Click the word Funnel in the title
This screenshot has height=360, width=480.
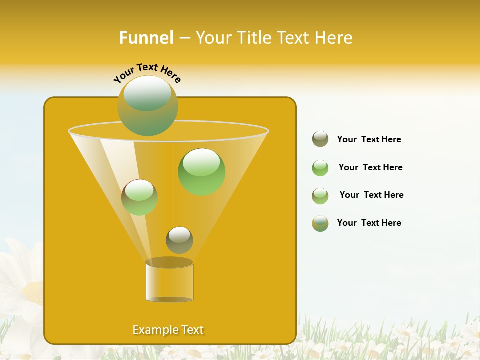click(x=146, y=38)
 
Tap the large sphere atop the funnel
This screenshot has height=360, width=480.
click(x=148, y=105)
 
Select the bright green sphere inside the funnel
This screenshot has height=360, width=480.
click(x=201, y=172)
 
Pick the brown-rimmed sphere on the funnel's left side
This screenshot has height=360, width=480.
click(x=139, y=197)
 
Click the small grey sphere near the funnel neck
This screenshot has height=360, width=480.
click(x=179, y=240)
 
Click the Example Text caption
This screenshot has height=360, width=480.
click(x=168, y=330)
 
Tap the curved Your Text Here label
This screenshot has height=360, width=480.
click(x=147, y=73)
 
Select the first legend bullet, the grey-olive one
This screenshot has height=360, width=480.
click(x=320, y=139)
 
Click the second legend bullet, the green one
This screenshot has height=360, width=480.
click(x=320, y=168)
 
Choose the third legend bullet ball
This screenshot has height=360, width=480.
click(x=320, y=196)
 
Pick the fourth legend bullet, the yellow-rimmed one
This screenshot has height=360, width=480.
click(x=320, y=223)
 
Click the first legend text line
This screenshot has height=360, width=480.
click(x=369, y=139)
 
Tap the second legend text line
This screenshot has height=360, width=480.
click(x=370, y=167)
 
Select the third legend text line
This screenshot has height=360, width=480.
click(x=371, y=195)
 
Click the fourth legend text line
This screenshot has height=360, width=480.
click(x=369, y=223)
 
